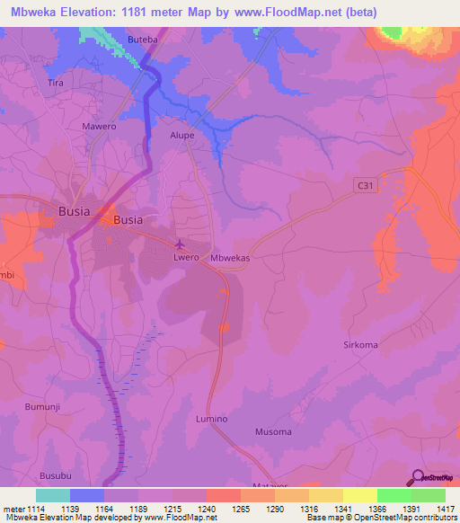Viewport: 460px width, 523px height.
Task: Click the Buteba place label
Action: click(x=142, y=42)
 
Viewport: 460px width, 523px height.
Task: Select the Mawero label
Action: click(x=100, y=127)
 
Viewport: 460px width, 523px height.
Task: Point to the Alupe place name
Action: click(x=182, y=136)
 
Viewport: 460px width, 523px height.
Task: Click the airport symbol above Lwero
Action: click(x=180, y=244)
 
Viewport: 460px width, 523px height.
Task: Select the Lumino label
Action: click(x=212, y=420)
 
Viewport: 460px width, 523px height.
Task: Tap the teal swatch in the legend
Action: click(x=53, y=495)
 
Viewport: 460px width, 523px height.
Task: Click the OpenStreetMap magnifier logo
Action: click(x=417, y=476)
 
